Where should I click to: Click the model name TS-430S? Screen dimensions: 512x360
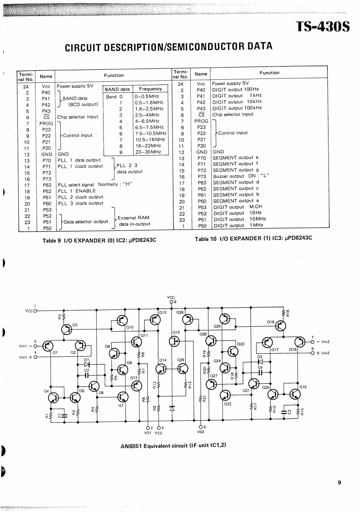(x=323, y=26)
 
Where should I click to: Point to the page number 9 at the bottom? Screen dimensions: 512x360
(x=339, y=482)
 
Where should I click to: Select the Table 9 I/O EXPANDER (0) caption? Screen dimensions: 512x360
(x=99, y=240)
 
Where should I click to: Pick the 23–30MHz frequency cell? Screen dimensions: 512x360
(x=148, y=152)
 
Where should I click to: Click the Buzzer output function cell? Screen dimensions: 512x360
(x=241, y=176)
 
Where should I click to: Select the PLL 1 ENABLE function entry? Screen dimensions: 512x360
(x=77, y=191)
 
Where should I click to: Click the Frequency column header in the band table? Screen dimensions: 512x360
(x=151, y=89)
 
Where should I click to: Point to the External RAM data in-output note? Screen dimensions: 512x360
(x=134, y=221)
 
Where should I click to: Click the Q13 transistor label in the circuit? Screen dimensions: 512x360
(x=163, y=312)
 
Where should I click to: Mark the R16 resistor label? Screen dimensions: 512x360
(x=288, y=313)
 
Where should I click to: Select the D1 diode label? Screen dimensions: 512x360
(x=86, y=360)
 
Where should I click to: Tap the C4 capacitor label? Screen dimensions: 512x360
(x=260, y=367)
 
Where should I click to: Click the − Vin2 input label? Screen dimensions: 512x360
(x=323, y=342)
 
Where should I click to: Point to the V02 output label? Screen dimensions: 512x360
(x=201, y=432)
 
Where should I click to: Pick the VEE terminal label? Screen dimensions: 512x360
(x=159, y=432)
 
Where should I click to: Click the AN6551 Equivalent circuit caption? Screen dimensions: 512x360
(x=170, y=445)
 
